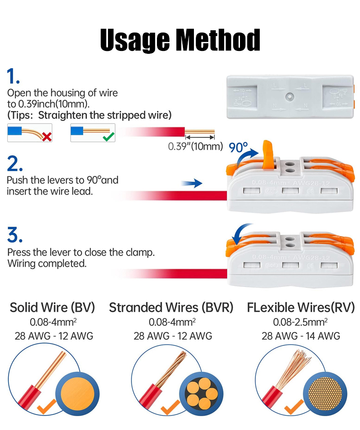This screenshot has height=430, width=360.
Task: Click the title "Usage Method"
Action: click(180, 40)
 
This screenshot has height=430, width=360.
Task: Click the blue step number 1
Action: click(13, 76)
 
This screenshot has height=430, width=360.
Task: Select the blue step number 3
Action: click(14, 235)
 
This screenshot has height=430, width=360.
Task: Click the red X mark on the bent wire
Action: click(47, 136)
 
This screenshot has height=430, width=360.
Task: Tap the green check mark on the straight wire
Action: click(109, 136)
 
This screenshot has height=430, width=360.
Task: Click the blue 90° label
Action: click(238, 147)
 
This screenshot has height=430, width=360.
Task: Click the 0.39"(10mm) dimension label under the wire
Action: click(195, 147)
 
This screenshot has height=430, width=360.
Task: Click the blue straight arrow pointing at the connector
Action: click(192, 183)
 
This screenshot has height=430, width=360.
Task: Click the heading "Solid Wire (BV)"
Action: click(52, 307)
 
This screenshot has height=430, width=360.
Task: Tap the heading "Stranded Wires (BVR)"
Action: click(171, 307)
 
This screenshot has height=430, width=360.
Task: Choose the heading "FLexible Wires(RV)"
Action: click(301, 307)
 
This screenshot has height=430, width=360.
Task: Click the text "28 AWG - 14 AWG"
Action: click(301, 336)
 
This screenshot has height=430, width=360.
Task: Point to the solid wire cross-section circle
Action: click(77, 394)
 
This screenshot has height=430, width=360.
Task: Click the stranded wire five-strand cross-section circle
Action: click(202, 394)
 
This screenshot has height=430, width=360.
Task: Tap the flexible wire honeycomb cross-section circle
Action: click(325, 394)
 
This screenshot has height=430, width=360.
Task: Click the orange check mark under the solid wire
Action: click(46, 406)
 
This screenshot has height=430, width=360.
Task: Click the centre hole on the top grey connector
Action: click(289, 97)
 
